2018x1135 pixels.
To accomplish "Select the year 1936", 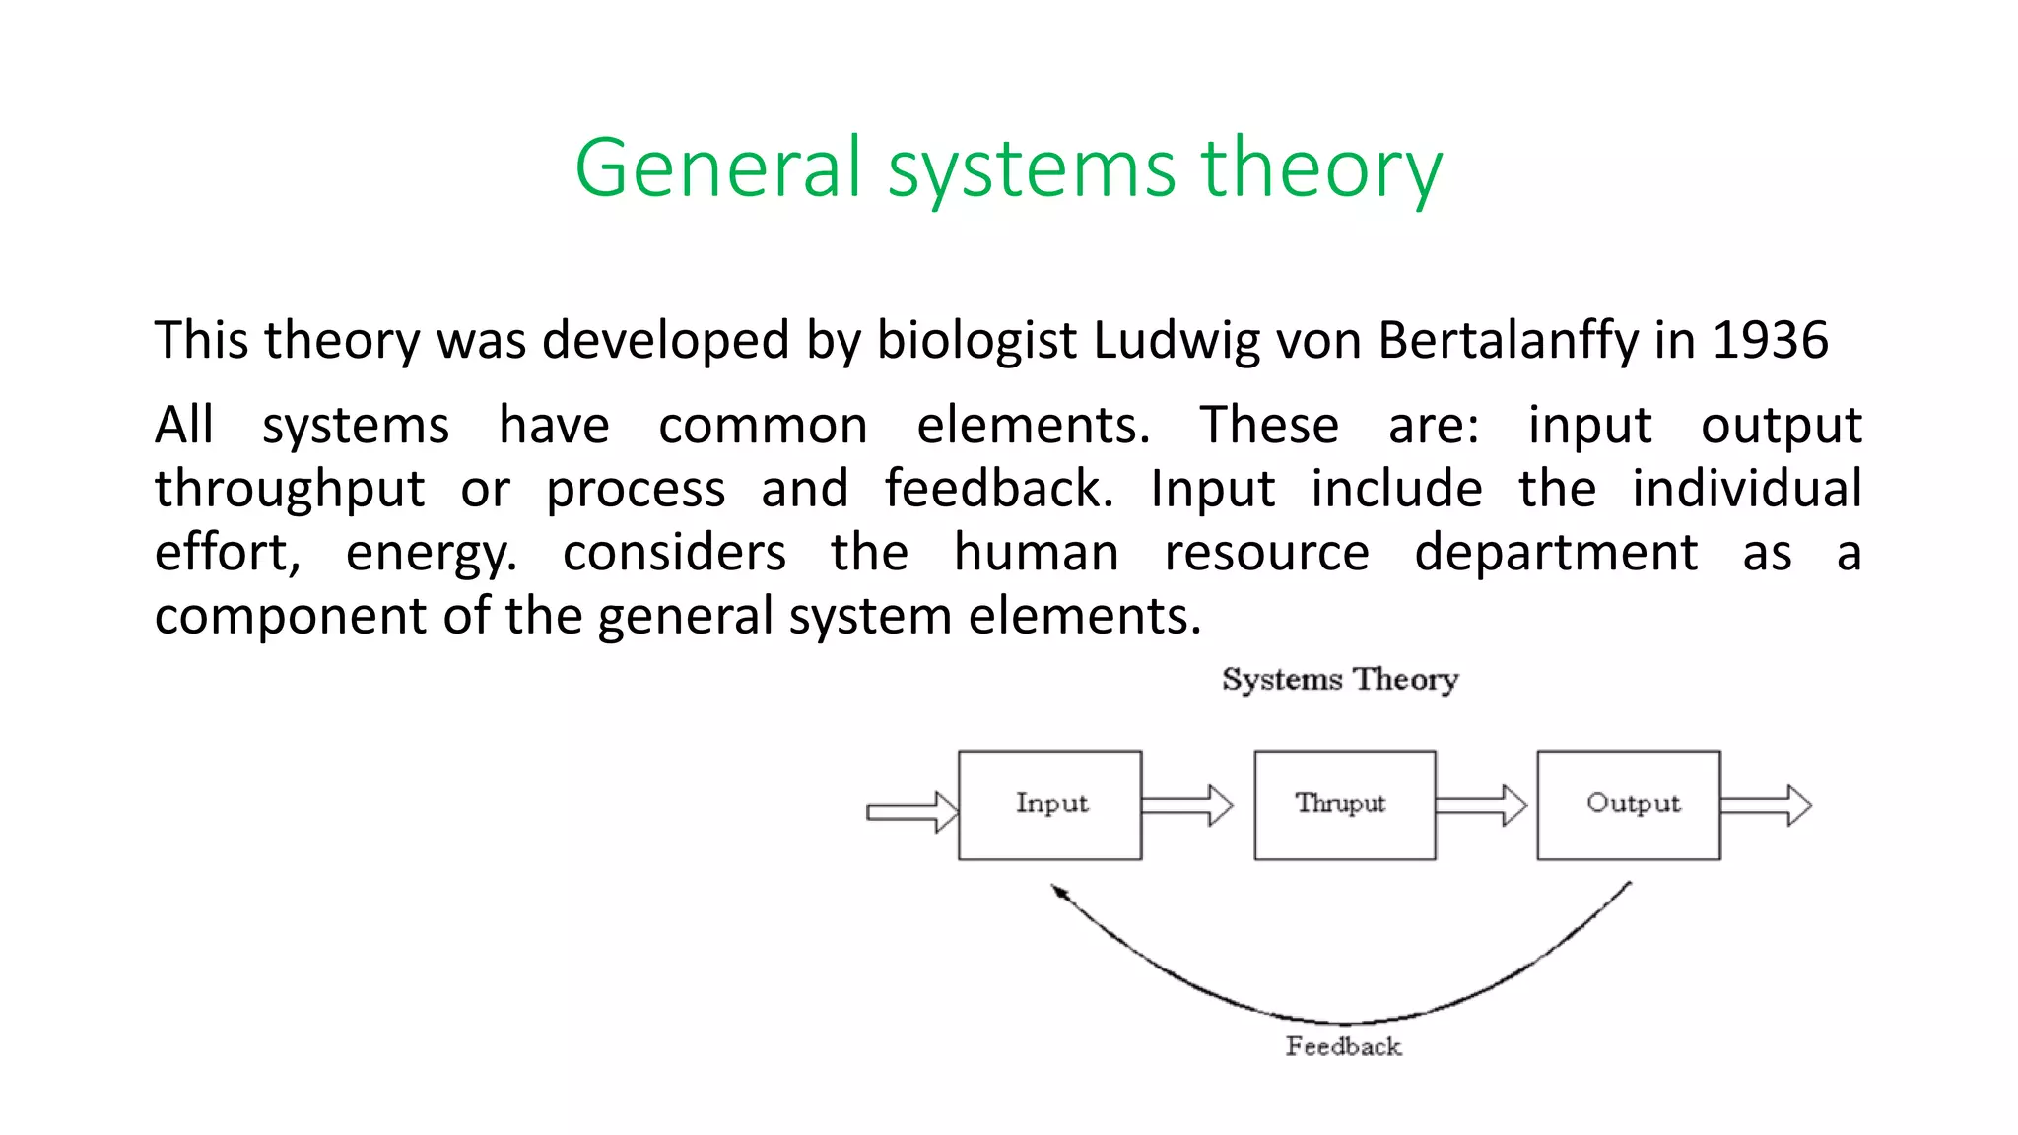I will [x=1770, y=340].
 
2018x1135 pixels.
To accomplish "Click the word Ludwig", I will [x=1177, y=342].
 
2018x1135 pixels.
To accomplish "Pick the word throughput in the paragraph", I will [x=290, y=490].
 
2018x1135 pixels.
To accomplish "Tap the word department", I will [x=1556, y=553].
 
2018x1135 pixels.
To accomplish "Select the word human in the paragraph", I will [x=1036, y=553].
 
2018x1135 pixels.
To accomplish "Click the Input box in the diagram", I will [x=1050, y=805].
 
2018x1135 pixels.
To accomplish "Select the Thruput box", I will [x=1344, y=805].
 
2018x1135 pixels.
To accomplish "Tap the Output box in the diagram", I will [x=1629, y=805].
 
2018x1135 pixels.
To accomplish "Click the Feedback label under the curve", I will [x=1343, y=1046].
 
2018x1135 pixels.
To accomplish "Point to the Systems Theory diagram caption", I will [x=1340, y=679].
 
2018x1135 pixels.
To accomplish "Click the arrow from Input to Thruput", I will [x=1187, y=805].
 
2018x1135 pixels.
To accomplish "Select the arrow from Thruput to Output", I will [x=1481, y=805].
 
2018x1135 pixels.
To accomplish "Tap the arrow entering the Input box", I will [x=911, y=812].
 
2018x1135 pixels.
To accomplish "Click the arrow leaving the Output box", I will [x=1766, y=805].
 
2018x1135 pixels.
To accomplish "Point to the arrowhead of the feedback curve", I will [x=1058, y=891].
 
